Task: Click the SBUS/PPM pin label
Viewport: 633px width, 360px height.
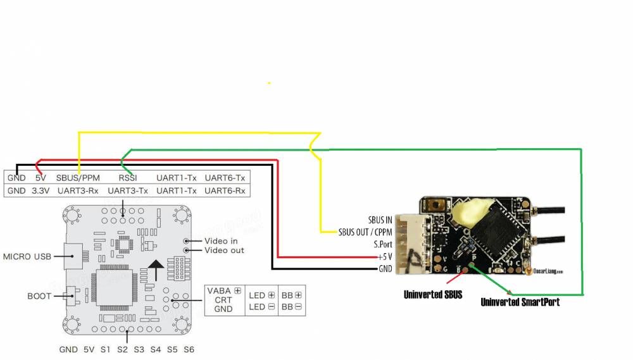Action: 77,178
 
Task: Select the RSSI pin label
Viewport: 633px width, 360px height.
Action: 128,178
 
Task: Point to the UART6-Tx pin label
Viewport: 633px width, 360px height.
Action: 225,178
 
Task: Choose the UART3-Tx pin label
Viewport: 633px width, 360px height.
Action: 128,190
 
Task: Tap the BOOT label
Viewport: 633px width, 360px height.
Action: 39,295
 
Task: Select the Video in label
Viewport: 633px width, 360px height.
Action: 221,241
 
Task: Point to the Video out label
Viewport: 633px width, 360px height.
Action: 223,251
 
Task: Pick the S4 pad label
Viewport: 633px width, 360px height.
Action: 156,349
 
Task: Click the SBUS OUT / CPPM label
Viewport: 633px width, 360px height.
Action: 365,232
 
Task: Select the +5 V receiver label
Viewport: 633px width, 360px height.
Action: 384,257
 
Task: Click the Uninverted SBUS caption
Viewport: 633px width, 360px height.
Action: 433,294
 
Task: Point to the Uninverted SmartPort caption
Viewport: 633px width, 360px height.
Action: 520,302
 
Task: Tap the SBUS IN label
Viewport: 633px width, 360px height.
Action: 380,220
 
